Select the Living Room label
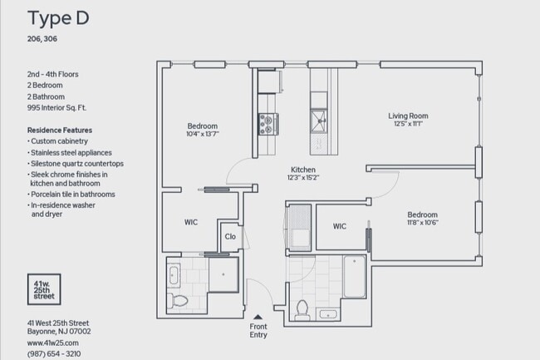point(408,116)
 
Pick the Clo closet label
point(230,236)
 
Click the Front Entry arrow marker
point(258,316)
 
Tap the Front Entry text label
point(258,330)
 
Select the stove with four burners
point(268,124)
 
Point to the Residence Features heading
point(60,131)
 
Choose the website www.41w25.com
point(52,343)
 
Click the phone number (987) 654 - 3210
point(55,353)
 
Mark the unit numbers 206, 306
point(43,38)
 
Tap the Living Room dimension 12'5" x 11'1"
point(408,124)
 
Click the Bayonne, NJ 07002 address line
point(59,332)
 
